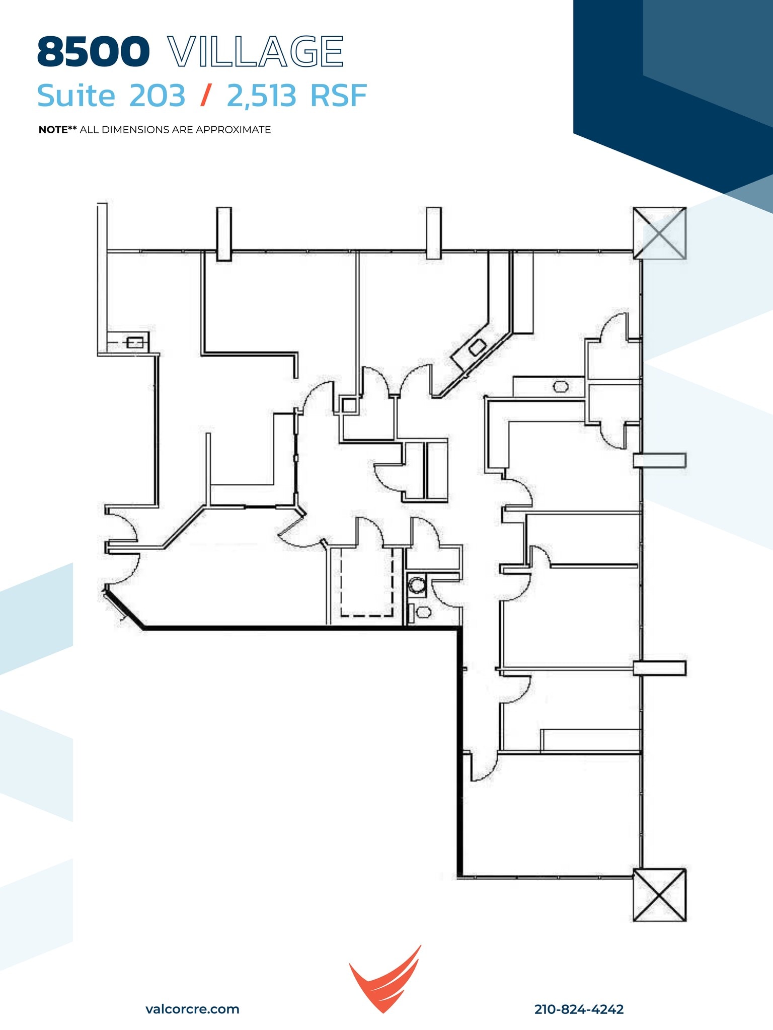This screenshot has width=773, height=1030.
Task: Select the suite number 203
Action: [158, 96]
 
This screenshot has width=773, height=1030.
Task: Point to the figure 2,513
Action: [261, 96]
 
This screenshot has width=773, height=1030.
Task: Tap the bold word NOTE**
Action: [57, 130]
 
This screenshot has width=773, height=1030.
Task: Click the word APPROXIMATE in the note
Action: [234, 130]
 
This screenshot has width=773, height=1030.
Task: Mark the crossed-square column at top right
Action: [659, 233]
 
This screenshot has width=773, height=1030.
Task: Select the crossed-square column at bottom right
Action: [659, 895]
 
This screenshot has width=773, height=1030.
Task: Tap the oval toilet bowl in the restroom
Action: [424, 612]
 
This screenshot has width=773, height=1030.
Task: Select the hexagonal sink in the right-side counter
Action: [561, 387]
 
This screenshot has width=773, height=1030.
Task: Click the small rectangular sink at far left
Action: [135, 343]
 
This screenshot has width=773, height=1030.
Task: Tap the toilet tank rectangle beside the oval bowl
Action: [410, 612]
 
